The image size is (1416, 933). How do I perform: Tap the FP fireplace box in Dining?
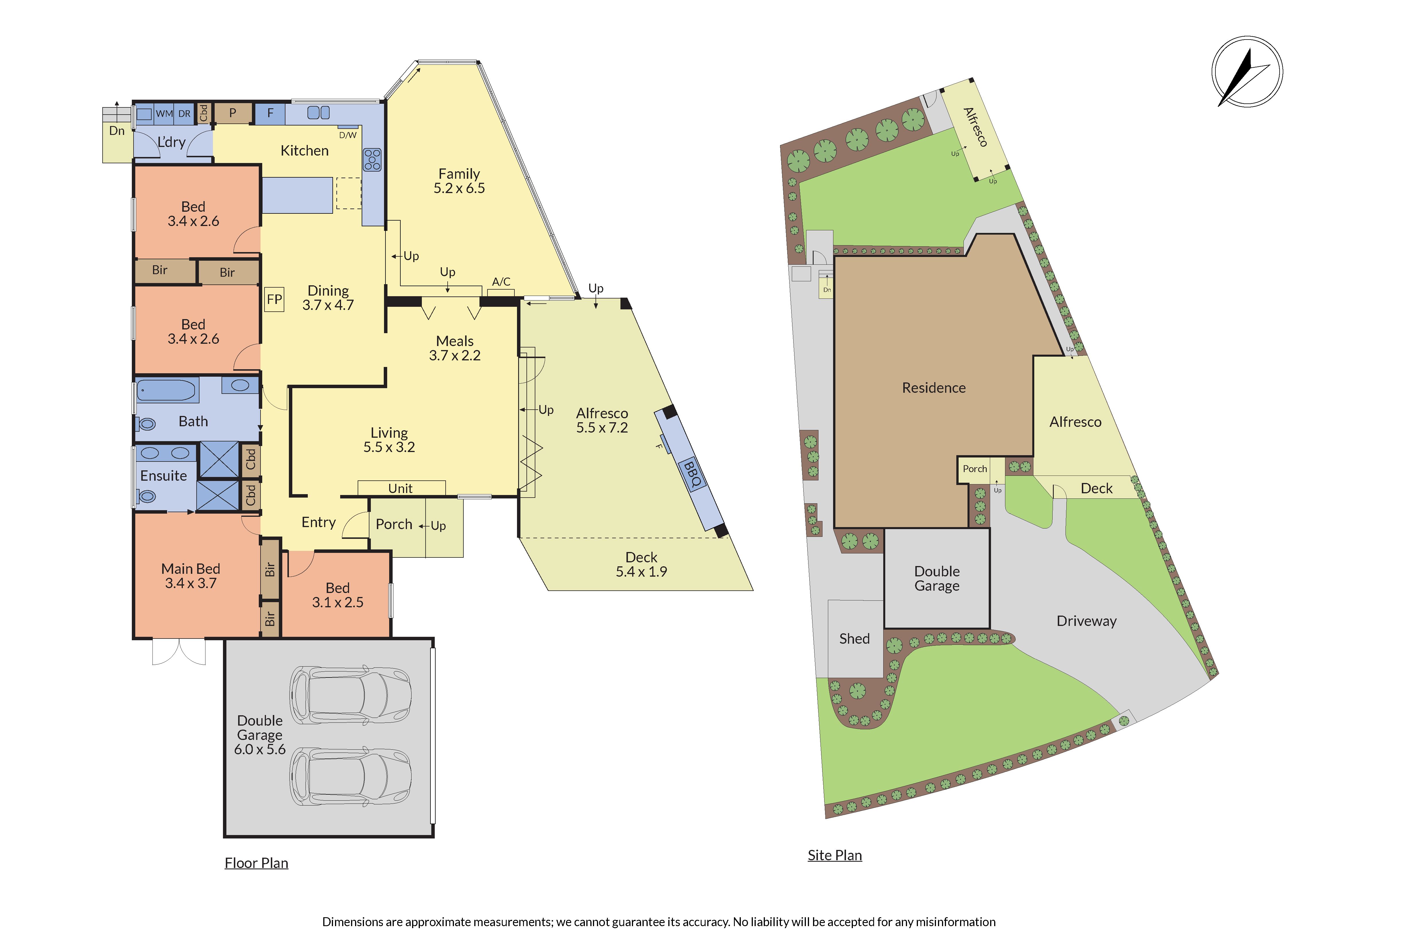click(274, 299)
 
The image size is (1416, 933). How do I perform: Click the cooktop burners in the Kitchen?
click(373, 160)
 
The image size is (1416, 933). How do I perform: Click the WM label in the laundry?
click(164, 114)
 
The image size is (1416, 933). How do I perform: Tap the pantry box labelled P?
click(233, 113)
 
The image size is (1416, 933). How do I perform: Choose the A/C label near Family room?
click(501, 282)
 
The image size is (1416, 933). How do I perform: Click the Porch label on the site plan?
click(975, 469)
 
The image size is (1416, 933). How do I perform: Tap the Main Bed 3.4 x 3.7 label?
click(191, 576)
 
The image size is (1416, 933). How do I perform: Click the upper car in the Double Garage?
click(350, 694)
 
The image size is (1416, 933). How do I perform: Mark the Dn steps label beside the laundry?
click(117, 131)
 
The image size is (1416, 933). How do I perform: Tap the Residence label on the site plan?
click(934, 388)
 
